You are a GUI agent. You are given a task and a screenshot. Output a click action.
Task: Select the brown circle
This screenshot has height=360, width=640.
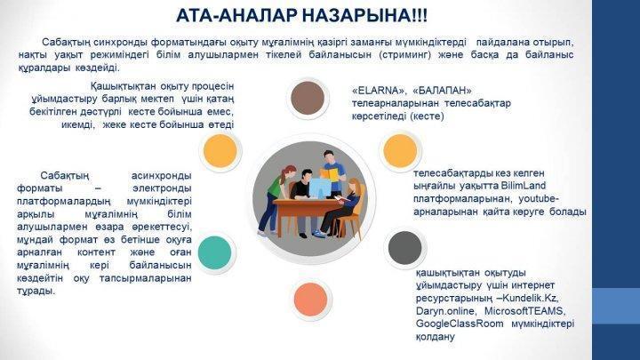(x=308, y=98)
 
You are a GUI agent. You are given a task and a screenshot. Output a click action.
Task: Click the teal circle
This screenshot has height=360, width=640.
(x=215, y=252)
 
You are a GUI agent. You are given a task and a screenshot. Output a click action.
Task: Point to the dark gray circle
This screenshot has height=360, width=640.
(x=404, y=248)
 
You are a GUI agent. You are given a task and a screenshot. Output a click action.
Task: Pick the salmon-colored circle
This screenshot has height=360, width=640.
(x=310, y=300)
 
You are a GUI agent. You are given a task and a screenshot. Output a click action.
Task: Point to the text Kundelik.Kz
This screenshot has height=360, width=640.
(x=530, y=298)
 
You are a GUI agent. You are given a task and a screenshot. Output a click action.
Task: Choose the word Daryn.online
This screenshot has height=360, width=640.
(x=445, y=311)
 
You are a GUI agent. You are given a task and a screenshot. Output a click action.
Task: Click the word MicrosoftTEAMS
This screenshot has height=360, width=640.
(x=525, y=311)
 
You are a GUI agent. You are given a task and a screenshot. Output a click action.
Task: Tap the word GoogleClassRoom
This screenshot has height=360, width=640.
(x=460, y=324)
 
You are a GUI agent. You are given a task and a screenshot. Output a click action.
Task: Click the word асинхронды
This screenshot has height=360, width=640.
(x=162, y=175)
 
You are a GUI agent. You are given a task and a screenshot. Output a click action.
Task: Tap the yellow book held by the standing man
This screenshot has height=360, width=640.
(x=329, y=174)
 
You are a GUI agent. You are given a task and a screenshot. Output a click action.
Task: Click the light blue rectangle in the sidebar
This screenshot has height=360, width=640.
(x=616, y=306)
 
